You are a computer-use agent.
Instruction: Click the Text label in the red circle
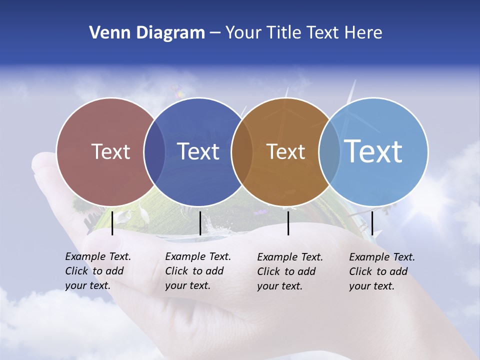pyautogui.click(x=110, y=151)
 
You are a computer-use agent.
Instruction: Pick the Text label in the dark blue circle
pyautogui.click(x=198, y=151)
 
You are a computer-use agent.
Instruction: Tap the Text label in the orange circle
pyautogui.click(x=286, y=151)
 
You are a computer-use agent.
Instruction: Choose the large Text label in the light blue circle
pyautogui.click(x=373, y=151)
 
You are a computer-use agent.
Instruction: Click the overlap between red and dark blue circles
pyautogui.click(x=154, y=152)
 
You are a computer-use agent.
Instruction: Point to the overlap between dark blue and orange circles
pyautogui.click(x=242, y=152)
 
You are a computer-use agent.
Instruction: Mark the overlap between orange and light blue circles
pyautogui.click(x=329, y=152)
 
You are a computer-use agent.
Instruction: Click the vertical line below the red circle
pyautogui.click(x=112, y=223)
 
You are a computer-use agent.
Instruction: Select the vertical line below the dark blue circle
pyautogui.click(x=200, y=223)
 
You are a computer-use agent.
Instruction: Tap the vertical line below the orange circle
pyautogui.click(x=288, y=223)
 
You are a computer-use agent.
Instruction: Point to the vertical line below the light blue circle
pyautogui.click(x=372, y=223)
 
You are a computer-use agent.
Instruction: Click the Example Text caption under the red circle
pyautogui.click(x=98, y=271)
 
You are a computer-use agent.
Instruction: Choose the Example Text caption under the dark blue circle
pyautogui.click(x=198, y=271)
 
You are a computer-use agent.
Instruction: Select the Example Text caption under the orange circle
pyautogui.click(x=290, y=271)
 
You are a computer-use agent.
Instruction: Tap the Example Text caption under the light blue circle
pyautogui.click(x=382, y=271)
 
